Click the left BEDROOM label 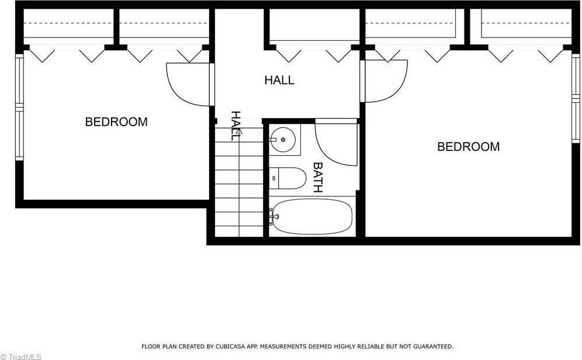point(116,122)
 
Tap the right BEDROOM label point(468,147)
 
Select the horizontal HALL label point(279,80)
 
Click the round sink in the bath point(284,140)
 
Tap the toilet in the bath point(289,178)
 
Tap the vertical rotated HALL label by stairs point(235,126)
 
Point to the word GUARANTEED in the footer point(431,347)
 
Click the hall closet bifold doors point(314,54)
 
